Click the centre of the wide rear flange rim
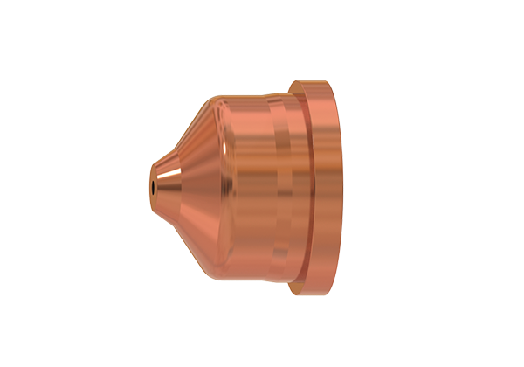coord(325,183)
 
